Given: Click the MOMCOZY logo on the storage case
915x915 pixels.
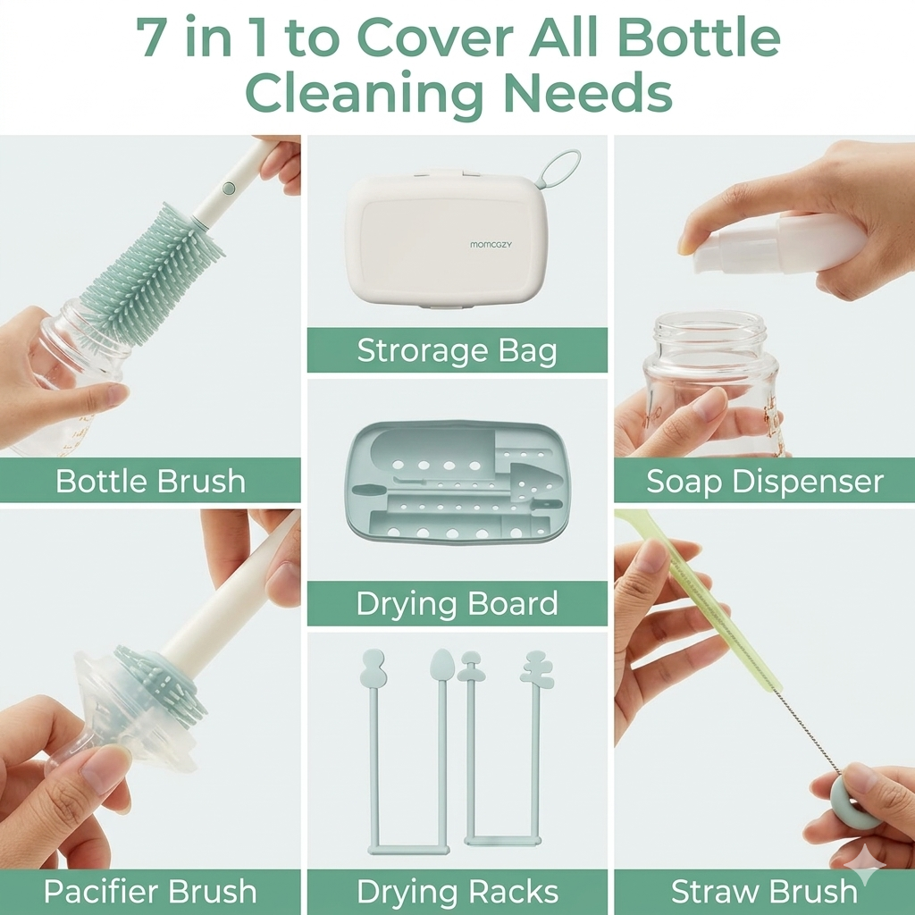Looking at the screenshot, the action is click(x=491, y=245).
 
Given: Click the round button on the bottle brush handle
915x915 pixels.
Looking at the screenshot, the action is click(x=230, y=188).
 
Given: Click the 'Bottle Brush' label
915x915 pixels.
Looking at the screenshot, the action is click(x=150, y=481).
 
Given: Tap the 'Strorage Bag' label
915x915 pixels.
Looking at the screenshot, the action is click(x=457, y=350).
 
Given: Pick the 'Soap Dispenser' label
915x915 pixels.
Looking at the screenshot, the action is click(x=765, y=482).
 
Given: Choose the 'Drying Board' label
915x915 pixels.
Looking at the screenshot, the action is click(x=457, y=603).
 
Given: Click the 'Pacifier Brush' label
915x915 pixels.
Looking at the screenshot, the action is click(x=150, y=891).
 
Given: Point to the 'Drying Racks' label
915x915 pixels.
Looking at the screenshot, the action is click(x=457, y=892).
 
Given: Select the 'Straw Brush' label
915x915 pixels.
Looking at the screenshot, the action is click(x=765, y=892).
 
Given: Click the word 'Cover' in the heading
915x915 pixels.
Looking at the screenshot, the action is click(x=435, y=38).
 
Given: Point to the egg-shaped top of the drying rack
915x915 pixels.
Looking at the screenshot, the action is click(x=441, y=664).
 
